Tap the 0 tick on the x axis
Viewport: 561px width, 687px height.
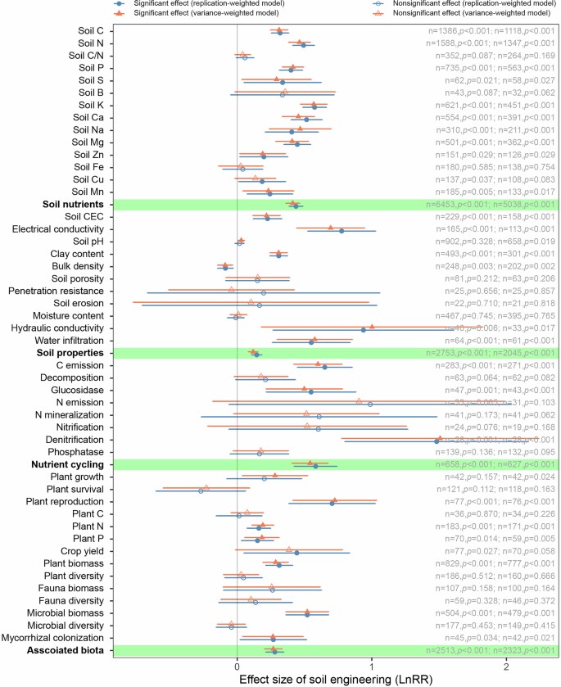237,665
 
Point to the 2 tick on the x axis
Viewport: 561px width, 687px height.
507,665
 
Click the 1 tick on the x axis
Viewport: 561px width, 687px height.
372,665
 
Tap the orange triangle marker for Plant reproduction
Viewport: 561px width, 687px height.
334,500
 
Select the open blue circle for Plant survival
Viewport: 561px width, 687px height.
201,490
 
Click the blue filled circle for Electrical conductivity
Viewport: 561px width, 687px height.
342,231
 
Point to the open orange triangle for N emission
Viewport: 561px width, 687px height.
359,400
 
